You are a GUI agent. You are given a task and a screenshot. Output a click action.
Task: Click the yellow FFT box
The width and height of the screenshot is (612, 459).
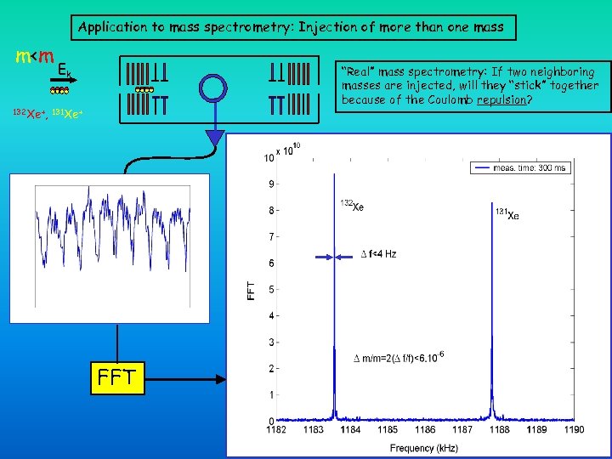[116, 377]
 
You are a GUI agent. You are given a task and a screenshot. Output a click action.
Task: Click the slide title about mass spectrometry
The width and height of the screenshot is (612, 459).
[291, 27]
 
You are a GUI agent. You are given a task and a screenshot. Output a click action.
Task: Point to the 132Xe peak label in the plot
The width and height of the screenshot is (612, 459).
[352, 206]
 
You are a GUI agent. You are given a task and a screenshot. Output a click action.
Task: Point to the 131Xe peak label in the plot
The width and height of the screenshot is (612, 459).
[507, 214]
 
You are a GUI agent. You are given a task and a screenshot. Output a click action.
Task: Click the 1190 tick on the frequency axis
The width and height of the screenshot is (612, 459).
[574, 429]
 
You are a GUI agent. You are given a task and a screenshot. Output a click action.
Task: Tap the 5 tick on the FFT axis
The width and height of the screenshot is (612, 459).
[271, 290]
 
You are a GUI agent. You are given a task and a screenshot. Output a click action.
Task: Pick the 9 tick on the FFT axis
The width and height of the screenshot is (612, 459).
[271, 184]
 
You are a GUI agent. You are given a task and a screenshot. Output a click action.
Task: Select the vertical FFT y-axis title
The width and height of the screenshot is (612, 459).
[251, 289]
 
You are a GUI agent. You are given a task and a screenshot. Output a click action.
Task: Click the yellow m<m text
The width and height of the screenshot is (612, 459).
[36, 57]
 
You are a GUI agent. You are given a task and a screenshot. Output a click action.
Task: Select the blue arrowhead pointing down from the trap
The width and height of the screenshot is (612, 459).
[215, 140]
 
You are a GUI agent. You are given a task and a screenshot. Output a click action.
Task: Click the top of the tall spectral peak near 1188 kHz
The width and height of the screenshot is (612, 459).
[494, 204]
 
